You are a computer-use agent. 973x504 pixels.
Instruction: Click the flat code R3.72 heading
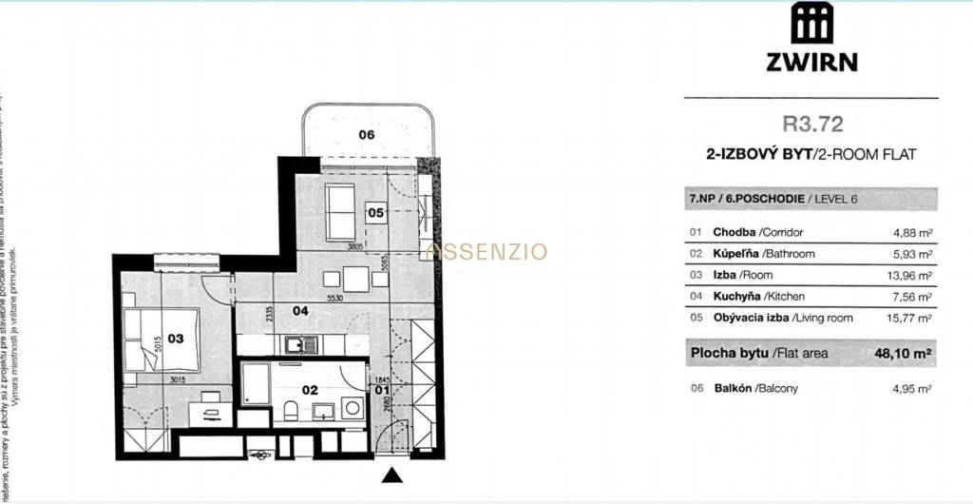tap(812, 123)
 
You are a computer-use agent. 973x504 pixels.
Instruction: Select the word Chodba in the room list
tap(734, 232)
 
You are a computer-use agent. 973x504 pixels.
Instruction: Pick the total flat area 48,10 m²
tap(902, 353)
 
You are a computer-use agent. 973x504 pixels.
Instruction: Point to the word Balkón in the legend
tap(732, 388)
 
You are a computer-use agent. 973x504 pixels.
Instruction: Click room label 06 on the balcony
tap(367, 135)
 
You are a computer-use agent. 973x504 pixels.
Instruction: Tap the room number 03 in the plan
tap(175, 337)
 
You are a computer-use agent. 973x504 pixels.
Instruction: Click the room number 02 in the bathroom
tap(309, 389)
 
